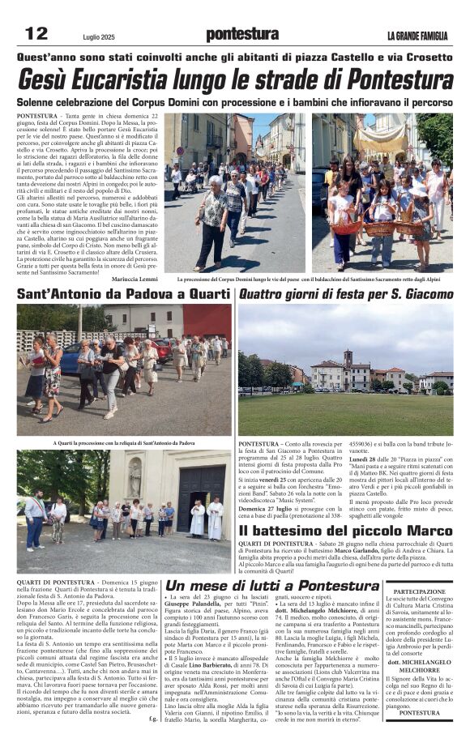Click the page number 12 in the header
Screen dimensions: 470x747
pyautogui.click(x=36, y=34)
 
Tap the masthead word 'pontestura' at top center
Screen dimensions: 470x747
pyautogui.click(x=241, y=34)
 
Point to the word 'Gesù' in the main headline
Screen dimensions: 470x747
pyautogui.click(x=52, y=80)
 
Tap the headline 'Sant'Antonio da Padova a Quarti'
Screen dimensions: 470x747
pyautogui.click(x=123, y=294)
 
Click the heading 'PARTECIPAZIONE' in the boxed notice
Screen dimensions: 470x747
pyautogui.click(x=419, y=591)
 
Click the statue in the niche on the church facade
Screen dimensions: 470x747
pyautogui.click(x=135, y=476)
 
